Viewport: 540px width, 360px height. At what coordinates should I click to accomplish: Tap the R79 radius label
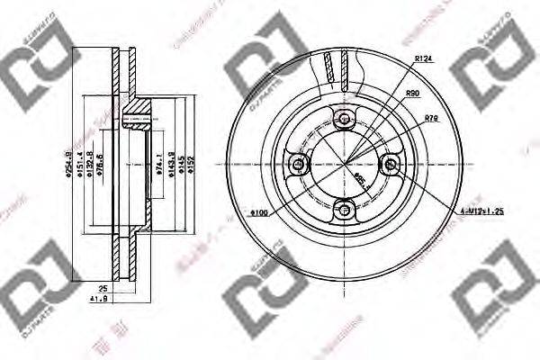click(x=430, y=118)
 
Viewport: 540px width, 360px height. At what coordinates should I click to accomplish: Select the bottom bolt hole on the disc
click(x=343, y=209)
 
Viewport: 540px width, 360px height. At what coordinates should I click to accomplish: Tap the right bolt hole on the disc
click(x=389, y=164)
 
